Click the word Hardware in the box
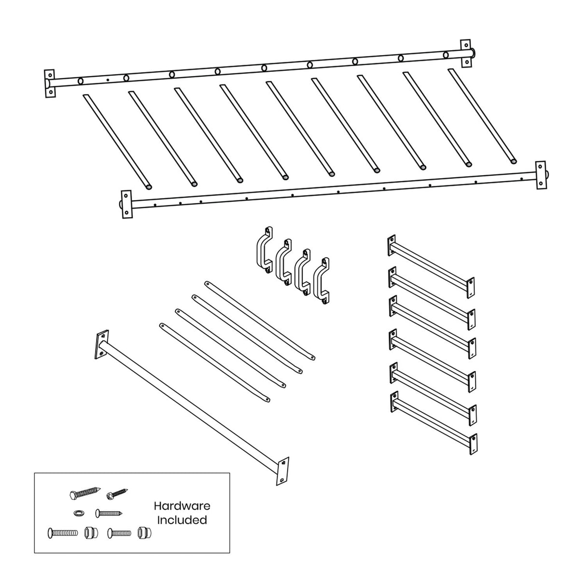click(x=182, y=506)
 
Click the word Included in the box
click(x=182, y=520)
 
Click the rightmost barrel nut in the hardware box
click(x=142, y=533)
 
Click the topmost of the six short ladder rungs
click(x=431, y=264)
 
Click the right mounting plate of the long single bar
click(x=282, y=471)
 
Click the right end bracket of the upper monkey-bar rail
click(x=466, y=53)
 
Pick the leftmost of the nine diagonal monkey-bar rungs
click(x=117, y=140)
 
